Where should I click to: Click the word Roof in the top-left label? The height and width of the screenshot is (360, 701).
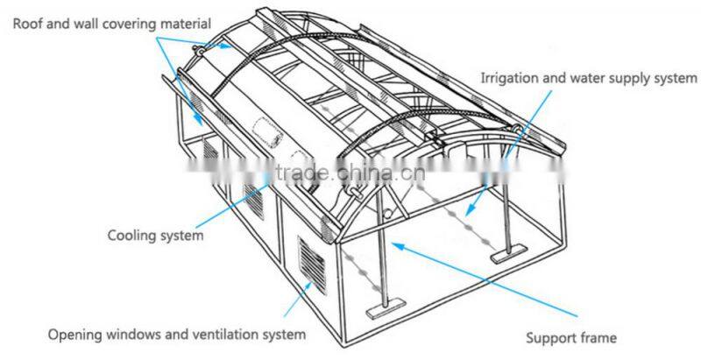tap(27, 24)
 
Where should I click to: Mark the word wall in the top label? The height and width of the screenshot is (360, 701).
tap(80, 24)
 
